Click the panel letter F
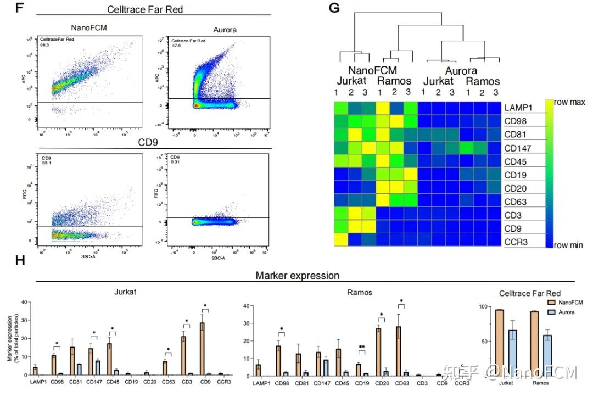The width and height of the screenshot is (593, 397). [21, 8]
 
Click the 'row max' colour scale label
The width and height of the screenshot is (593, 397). [569, 103]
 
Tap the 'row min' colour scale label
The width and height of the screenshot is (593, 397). [568, 245]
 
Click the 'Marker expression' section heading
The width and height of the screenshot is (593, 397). [297, 276]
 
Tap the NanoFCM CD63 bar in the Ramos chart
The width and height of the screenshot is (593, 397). [398, 351]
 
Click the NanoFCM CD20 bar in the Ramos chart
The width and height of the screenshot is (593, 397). [378, 352]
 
